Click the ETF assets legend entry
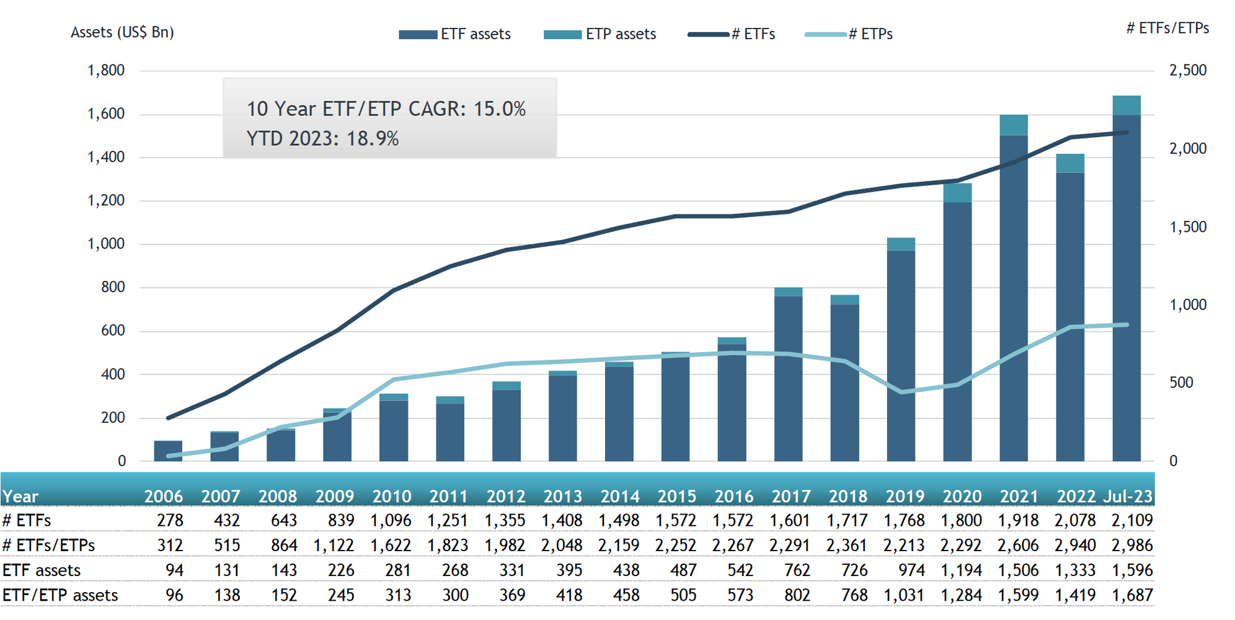(455, 34)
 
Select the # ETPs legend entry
(849, 34)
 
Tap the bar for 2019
(901, 353)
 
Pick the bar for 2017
(788, 378)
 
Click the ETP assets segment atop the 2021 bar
(1014, 125)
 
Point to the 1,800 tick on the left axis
(106, 70)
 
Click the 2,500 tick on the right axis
(1188, 70)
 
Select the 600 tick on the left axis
(113, 330)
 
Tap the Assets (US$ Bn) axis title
(122, 32)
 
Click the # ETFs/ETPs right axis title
(1167, 28)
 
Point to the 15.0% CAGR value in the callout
(499, 109)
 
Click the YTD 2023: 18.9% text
(322, 138)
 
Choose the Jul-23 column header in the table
(1128, 497)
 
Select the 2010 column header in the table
(391, 497)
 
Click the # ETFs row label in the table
(27, 520)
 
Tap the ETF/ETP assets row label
(60, 595)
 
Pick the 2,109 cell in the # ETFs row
(1131, 520)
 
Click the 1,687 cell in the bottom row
(1131, 595)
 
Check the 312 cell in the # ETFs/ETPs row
(170, 546)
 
